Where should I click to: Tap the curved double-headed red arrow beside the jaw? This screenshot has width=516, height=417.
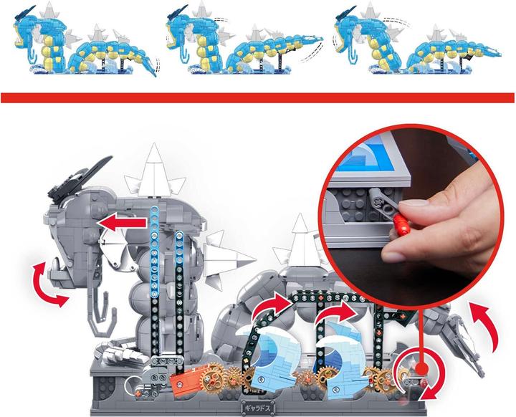coord(51,282)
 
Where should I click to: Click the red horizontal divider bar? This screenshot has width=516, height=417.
coord(257,97)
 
